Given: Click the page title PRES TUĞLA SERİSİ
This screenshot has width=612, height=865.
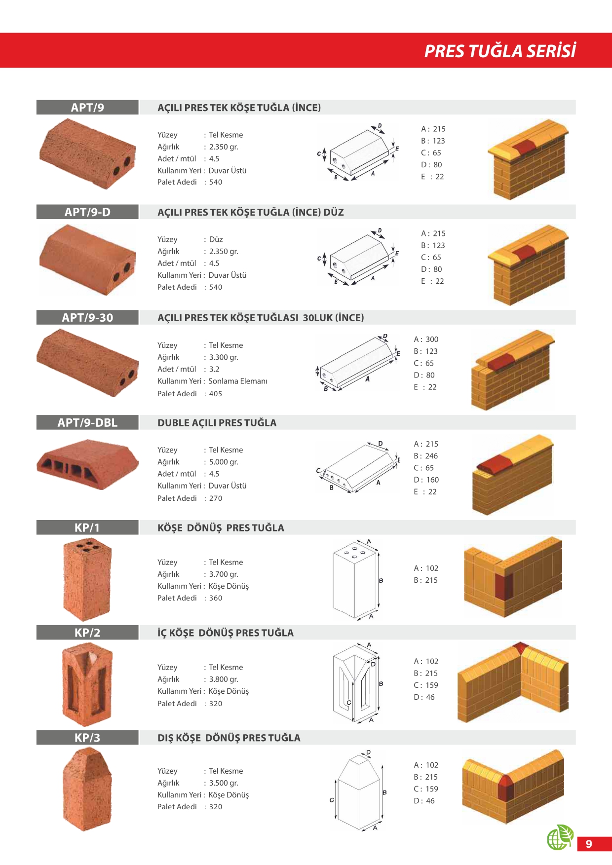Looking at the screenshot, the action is click(x=500, y=51).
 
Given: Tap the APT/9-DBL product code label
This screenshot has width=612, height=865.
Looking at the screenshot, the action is click(x=87, y=423).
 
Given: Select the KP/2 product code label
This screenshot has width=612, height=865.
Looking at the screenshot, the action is click(x=87, y=633).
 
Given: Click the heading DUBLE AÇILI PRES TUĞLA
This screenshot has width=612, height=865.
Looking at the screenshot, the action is click(x=217, y=423).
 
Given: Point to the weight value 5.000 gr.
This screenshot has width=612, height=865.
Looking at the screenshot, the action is click(x=224, y=462).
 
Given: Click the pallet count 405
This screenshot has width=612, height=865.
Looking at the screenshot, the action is click(x=216, y=394).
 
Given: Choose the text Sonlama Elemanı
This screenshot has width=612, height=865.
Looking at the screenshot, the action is click(x=238, y=381).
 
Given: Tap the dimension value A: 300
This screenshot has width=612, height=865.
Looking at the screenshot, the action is click(x=426, y=339).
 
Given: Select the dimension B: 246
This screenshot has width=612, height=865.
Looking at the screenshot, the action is click(x=426, y=456).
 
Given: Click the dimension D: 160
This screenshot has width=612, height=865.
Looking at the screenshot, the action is click(x=426, y=480).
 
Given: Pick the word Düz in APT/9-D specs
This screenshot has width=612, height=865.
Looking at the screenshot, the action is click(x=216, y=239).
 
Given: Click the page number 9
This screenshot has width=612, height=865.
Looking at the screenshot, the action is click(x=589, y=844).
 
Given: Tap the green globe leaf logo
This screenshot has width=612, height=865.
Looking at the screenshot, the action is click(x=560, y=837).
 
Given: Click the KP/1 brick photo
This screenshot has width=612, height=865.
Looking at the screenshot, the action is click(x=87, y=579).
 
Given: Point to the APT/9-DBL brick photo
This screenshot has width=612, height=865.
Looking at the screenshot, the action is click(x=87, y=464).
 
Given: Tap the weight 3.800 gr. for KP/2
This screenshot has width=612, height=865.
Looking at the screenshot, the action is click(x=224, y=679).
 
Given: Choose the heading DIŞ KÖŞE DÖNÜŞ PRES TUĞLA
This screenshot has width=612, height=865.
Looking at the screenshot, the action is click(x=229, y=738).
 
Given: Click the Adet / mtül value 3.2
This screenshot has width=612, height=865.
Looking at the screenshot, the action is click(x=214, y=369).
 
